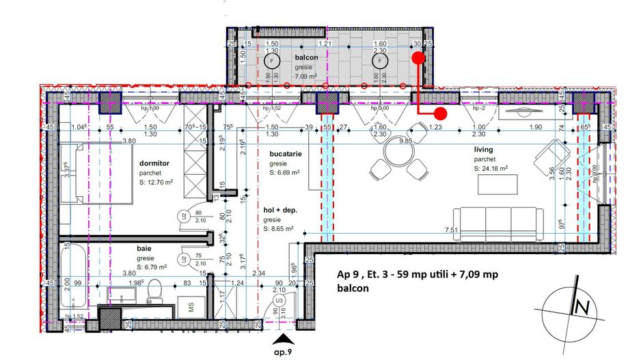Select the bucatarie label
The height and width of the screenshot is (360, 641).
coord(286,154)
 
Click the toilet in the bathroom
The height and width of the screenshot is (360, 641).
coord(154,290)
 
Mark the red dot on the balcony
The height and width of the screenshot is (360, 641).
coord(418,59)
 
